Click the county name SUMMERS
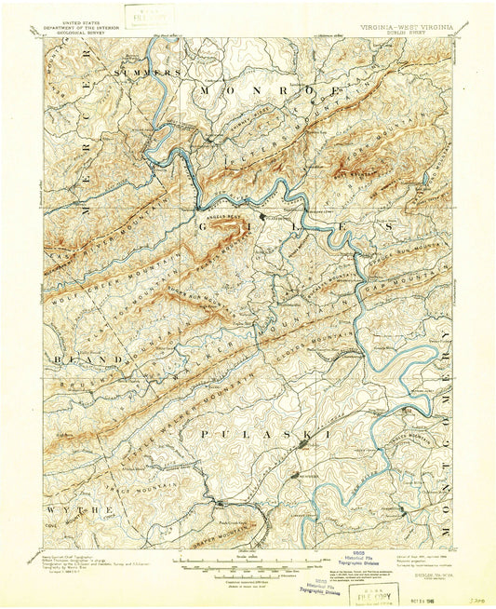[x=146, y=72]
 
